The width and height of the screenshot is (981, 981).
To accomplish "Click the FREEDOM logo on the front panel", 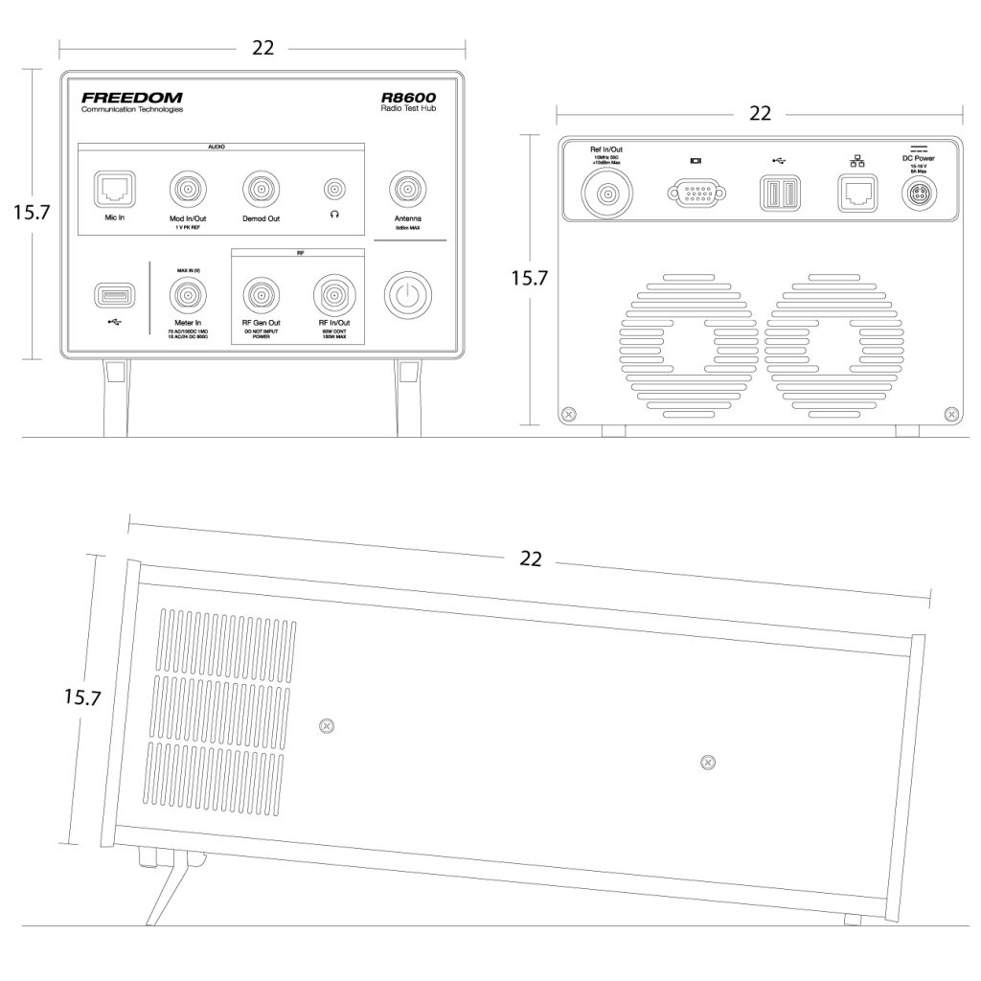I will tap(131, 98).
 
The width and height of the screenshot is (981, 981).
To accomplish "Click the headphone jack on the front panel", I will tap(334, 189).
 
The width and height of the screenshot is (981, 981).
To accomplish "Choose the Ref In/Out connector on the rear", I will tap(608, 195).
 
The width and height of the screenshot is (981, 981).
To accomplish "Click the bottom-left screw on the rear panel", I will tap(570, 414).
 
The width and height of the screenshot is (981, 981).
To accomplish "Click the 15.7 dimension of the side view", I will tap(83, 697).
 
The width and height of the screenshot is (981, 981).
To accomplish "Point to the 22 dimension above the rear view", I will tap(760, 113).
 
